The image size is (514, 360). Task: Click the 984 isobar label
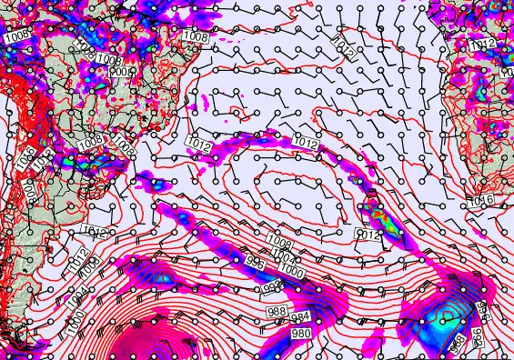point(300,317)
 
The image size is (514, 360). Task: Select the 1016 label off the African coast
point(482,200)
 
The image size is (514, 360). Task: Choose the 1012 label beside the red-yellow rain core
point(368,235)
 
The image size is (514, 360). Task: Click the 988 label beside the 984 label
point(277,312)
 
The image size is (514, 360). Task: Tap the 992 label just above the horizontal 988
point(270,288)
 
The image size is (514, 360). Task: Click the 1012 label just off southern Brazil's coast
point(198,143)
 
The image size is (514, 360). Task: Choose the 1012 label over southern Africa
point(482,45)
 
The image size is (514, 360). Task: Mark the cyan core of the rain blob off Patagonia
point(161,276)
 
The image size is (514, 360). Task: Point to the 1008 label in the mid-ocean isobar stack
point(279,243)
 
